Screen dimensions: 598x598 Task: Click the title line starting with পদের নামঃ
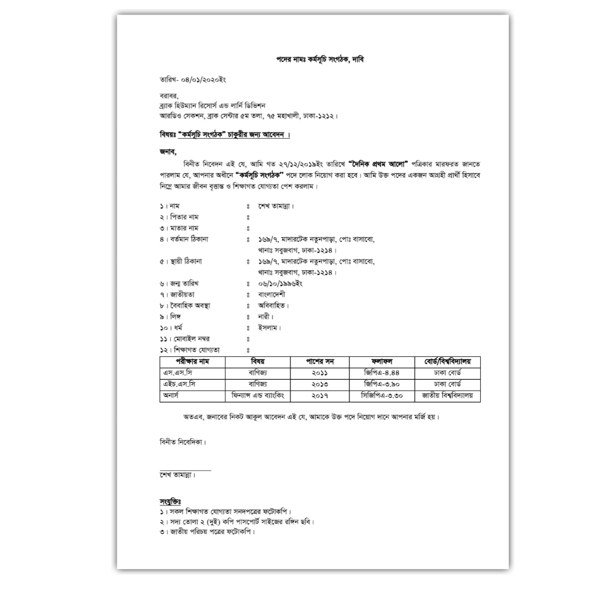[x=320, y=60]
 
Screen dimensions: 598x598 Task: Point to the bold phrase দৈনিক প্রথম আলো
[x=378, y=164]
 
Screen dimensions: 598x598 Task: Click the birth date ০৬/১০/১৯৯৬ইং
[x=280, y=284]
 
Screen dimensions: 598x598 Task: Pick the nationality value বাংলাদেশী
[x=271, y=295]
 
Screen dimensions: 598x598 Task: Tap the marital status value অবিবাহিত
[x=273, y=306]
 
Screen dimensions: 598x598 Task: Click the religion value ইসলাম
[x=269, y=328]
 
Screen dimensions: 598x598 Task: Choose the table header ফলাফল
[x=382, y=362]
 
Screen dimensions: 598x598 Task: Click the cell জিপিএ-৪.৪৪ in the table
[x=382, y=373]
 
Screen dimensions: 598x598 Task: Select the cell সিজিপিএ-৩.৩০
[x=382, y=395]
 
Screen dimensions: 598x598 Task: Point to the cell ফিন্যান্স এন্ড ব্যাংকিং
[x=257, y=395]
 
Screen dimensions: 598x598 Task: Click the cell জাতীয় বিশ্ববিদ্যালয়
[x=447, y=395]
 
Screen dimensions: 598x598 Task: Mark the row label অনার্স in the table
[x=171, y=395]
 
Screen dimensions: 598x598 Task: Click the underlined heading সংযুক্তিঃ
[x=170, y=502]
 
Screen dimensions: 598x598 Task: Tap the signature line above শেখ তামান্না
[x=185, y=470]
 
